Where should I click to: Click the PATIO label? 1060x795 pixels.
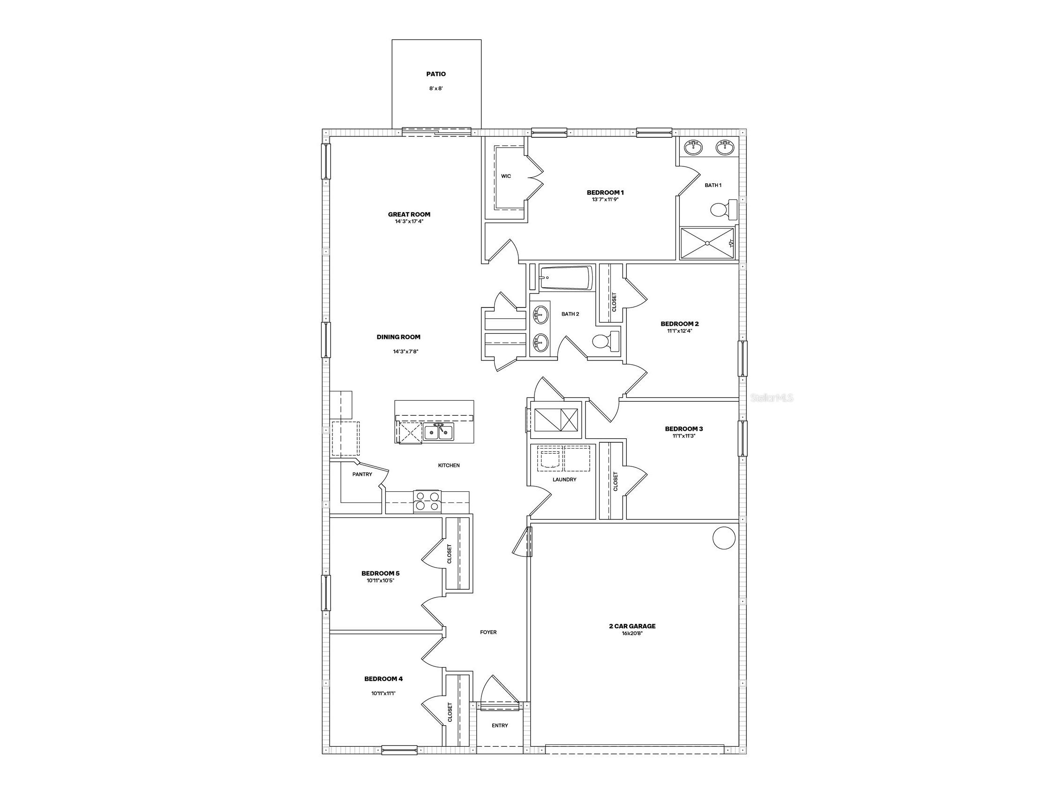coord(436,74)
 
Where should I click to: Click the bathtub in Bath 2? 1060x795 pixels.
coord(565,278)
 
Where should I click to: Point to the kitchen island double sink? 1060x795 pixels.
coord(438,433)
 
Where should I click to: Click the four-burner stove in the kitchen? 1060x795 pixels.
coord(427,501)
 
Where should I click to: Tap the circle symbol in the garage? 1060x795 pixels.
coord(723,538)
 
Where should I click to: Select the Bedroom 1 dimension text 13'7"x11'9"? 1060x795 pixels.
coord(605,199)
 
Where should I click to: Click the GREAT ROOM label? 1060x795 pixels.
coord(409,214)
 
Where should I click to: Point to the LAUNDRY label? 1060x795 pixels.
coord(564,479)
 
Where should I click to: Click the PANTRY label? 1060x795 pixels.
coord(362,474)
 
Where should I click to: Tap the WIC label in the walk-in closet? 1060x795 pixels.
coord(506,176)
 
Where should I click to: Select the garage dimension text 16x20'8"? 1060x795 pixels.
coord(632,633)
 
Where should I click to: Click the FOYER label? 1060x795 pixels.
coord(489,632)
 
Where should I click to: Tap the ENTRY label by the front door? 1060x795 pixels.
coord(499,726)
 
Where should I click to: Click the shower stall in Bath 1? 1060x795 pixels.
coord(707,243)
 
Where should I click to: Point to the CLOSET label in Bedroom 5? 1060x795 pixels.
coord(450,554)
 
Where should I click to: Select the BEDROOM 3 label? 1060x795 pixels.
coord(684,428)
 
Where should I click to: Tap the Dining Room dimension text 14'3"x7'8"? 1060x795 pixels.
coord(406,351)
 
